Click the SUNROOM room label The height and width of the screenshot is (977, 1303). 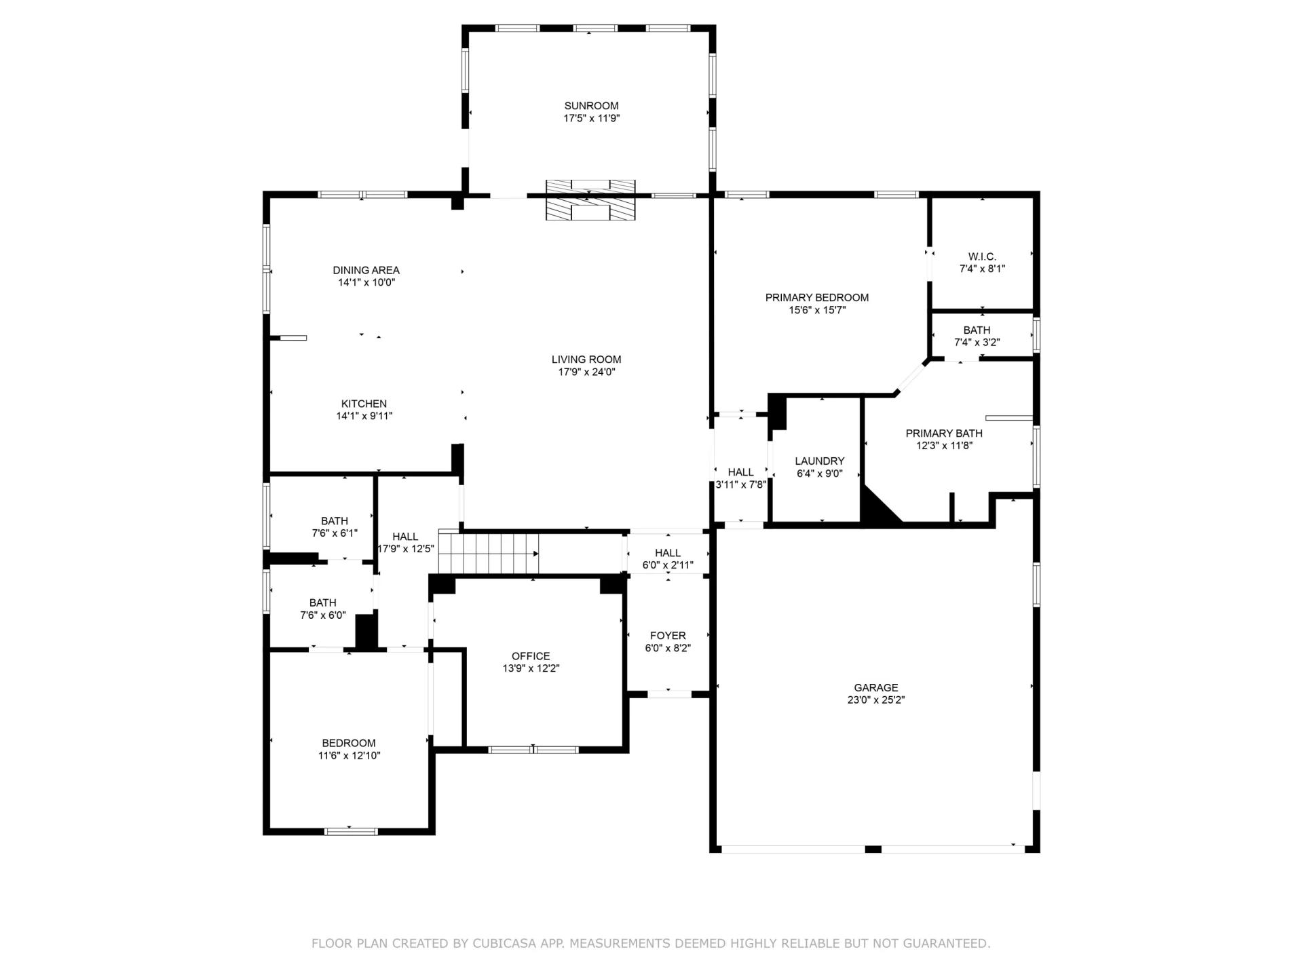[x=591, y=106]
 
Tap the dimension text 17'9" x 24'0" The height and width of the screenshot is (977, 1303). [x=586, y=372]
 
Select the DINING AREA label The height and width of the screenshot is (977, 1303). [x=366, y=270]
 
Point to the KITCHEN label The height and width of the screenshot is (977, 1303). [x=364, y=404]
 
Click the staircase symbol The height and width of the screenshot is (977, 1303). [x=489, y=552]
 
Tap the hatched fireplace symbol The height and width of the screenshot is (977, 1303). [x=590, y=200]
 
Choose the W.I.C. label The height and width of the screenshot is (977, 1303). [x=982, y=256]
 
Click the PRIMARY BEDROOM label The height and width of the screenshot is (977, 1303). [x=817, y=297]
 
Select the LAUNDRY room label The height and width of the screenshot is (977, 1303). [x=820, y=461]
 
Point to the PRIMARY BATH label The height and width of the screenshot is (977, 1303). [x=944, y=434]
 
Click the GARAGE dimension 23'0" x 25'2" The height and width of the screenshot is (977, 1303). [x=876, y=700]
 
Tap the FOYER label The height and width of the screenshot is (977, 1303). [x=668, y=636]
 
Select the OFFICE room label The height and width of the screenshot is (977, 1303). [x=531, y=656]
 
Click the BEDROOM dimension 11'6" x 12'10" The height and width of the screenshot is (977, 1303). [x=349, y=756]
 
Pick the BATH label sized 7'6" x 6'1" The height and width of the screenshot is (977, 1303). [x=335, y=521]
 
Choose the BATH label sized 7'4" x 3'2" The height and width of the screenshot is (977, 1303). [x=977, y=330]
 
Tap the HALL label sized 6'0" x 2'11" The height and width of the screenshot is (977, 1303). [x=668, y=553]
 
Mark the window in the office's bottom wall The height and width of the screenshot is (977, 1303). [x=533, y=750]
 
